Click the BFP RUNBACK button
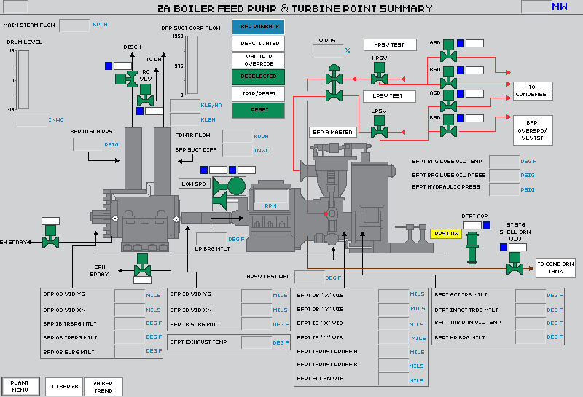(x=259, y=27)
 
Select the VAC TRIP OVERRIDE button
(x=259, y=60)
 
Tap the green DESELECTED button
(x=259, y=76)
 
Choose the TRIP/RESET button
(x=259, y=93)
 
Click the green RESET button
(x=259, y=110)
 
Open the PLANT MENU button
(x=20, y=386)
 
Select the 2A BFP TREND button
(x=103, y=386)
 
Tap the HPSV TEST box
(x=390, y=45)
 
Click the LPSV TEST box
(x=389, y=96)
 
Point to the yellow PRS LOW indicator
(x=446, y=234)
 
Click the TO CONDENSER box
(x=532, y=90)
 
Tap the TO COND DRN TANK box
(x=555, y=267)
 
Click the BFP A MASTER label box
(x=332, y=133)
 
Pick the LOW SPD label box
(x=194, y=184)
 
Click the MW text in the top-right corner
(x=559, y=7)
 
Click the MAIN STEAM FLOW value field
(x=74, y=25)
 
